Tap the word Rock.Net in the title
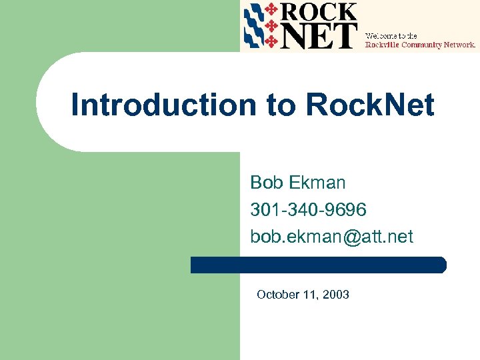tap(370, 105)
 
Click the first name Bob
tap(265, 183)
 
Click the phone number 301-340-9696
tap(308, 210)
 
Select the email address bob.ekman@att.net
tap(331, 237)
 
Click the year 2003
tap(335, 294)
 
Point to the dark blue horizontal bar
tap(318, 265)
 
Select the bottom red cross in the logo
tap(271, 42)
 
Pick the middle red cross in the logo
tap(271, 26)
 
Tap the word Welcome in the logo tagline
tap(379, 35)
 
